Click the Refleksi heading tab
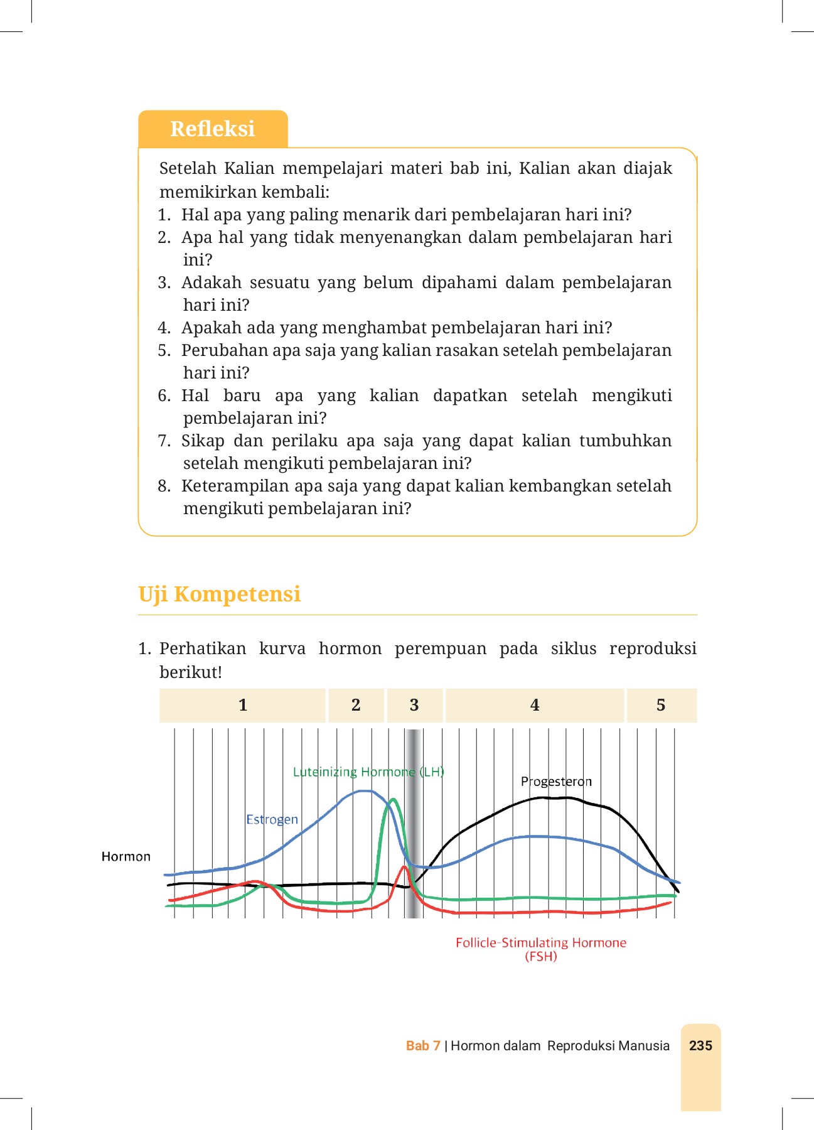[213, 129]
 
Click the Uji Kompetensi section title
[219, 594]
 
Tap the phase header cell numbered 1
[243, 705]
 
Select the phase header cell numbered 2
[356, 705]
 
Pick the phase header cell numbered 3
[414, 705]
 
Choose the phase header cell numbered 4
[535, 705]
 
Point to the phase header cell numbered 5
[661, 705]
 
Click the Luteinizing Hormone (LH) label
[368, 772]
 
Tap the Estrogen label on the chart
[272, 819]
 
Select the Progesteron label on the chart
[556, 782]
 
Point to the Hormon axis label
[126, 856]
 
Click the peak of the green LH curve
[393, 800]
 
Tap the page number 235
[700, 1045]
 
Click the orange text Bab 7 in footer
[423, 1045]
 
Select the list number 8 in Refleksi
[164, 486]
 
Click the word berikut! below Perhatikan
[190, 672]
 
